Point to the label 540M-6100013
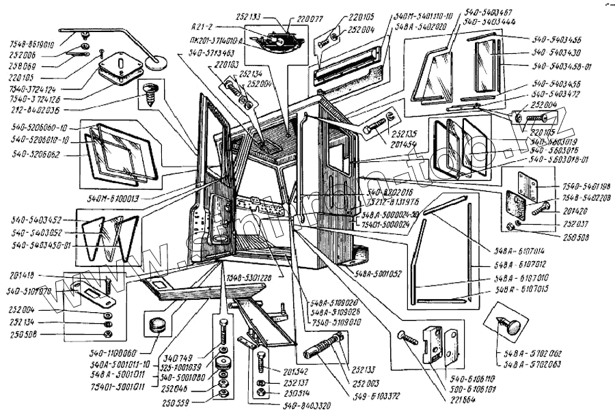click(x=113, y=197)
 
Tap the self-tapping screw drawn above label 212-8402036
click(x=151, y=92)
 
